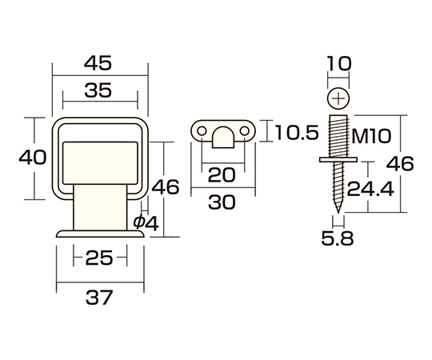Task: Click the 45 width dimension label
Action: click(x=98, y=63)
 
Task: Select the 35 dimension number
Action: click(x=98, y=90)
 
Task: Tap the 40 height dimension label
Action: click(x=33, y=158)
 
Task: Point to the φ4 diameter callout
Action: click(x=146, y=223)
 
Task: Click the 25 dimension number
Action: click(x=99, y=258)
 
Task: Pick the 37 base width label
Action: click(x=99, y=298)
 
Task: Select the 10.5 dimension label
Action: click(x=297, y=132)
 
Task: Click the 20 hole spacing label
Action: click(x=222, y=175)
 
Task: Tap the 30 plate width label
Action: click(x=222, y=202)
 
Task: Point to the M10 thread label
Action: click(x=371, y=136)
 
